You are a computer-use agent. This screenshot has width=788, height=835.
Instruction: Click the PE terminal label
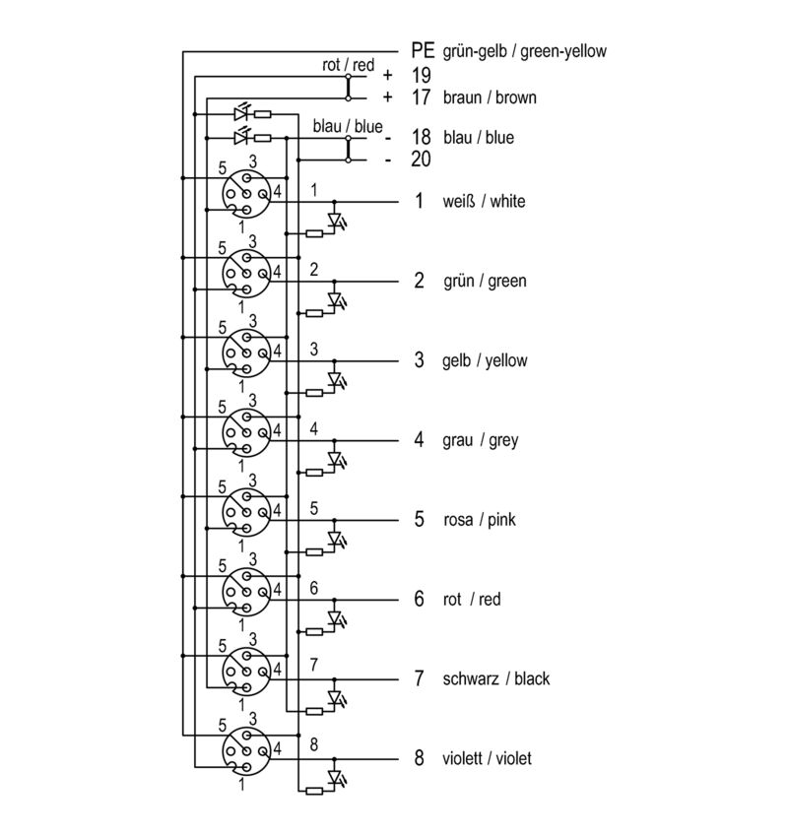(423, 50)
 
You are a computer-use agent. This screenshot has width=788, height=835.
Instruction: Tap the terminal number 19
(421, 75)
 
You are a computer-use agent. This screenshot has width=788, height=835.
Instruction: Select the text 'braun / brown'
(490, 97)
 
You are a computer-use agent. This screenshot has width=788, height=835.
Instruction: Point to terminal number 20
(421, 160)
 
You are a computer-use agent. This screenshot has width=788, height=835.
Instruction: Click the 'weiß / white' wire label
(484, 201)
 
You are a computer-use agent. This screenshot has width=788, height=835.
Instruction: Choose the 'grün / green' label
(485, 281)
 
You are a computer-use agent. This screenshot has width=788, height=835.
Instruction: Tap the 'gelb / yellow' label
(485, 360)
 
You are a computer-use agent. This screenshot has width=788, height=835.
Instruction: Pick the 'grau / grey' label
(481, 440)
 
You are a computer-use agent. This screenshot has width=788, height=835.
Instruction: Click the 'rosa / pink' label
(480, 520)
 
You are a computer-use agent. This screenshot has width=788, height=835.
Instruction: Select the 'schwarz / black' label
(496, 679)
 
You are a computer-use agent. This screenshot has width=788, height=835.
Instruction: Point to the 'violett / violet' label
(487, 758)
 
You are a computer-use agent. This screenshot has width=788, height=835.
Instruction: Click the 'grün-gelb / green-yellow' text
(525, 51)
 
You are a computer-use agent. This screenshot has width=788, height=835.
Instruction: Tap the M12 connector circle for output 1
(246, 194)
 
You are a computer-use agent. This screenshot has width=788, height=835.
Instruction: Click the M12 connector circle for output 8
(246, 751)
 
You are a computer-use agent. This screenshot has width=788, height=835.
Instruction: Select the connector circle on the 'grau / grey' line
(246, 433)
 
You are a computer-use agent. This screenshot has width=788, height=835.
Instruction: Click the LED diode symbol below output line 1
(335, 220)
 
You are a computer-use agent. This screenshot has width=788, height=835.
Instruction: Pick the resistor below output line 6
(314, 631)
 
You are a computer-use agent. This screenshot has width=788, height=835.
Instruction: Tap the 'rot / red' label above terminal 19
(349, 65)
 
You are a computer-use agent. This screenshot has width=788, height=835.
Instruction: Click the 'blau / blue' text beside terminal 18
(479, 138)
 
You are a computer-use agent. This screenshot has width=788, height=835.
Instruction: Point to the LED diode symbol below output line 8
(335, 778)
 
